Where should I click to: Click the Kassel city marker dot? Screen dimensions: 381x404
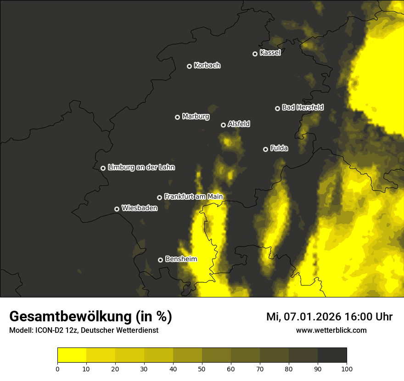click(255, 54)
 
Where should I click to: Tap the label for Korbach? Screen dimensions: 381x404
click(207, 66)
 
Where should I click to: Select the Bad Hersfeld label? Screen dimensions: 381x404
click(303, 107)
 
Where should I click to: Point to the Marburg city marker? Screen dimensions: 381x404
click(177, 117)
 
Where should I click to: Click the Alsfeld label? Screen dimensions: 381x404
click(239, 124)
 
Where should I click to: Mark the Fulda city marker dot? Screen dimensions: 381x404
click(265, 149)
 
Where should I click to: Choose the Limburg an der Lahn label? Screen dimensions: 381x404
click(141, 168)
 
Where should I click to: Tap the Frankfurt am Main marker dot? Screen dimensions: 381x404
click(159, 197)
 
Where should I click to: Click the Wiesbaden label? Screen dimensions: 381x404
click(140, 208)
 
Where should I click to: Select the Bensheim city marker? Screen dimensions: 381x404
click(160, 260)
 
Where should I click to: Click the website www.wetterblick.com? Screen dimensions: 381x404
click(331, 330)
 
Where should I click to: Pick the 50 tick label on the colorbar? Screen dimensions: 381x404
click(202, 369)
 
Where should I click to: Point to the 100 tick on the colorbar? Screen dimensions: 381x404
click(347, 369)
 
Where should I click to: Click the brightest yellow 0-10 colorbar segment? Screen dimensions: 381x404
click(72, 355)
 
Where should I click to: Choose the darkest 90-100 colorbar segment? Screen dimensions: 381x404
click(332, 355)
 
